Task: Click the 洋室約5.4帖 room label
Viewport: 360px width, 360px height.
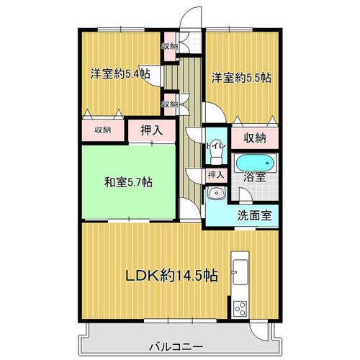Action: point(120,73)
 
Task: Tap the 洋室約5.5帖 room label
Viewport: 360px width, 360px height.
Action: point(241,78)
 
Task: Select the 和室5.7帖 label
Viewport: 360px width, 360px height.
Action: point(128,182)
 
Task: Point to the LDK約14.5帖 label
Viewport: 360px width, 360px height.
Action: point(172,275)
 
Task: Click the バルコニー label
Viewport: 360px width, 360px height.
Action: point(176,347)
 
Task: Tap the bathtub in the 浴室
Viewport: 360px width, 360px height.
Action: point(255,163)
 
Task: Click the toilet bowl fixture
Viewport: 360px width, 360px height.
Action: point(216,153)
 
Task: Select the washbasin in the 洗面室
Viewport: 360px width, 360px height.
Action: point(217,194)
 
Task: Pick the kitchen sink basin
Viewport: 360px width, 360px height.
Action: point(240,272)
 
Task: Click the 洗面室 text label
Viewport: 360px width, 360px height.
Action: point(254,215)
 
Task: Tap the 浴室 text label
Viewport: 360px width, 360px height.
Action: point(254,177)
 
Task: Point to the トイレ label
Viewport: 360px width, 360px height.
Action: point(216,146)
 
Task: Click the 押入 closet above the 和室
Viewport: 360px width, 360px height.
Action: point(152,130)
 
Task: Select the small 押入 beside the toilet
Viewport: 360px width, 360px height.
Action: point(216,175)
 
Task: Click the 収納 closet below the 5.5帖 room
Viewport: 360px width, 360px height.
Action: point(255,138)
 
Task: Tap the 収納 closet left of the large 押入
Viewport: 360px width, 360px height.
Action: point(103,130)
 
